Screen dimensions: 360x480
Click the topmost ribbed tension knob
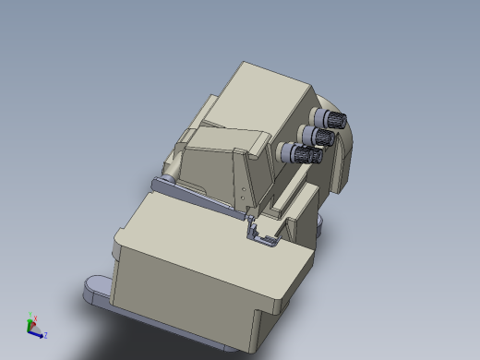(x=330, y=118)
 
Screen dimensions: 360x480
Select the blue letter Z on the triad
(x=46, y=335)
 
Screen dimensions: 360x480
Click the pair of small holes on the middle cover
(x=245, y=193)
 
